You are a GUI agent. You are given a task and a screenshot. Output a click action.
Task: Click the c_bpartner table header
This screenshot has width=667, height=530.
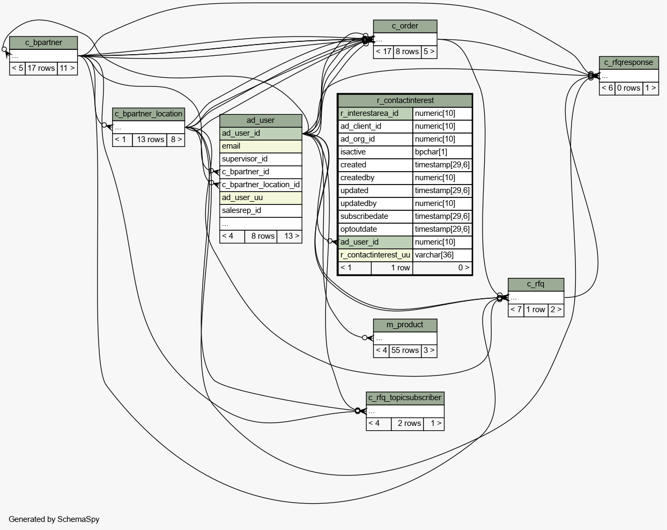[43, 43]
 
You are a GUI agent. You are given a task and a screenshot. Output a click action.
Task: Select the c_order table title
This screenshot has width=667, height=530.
[405, 26]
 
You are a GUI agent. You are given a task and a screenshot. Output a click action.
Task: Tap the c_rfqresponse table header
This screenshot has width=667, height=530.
[628, 63]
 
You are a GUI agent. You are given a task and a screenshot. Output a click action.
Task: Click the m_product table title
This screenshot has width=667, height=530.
[405, 325]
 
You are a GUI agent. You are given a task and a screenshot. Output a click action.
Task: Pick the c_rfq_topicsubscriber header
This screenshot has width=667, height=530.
[405, 398]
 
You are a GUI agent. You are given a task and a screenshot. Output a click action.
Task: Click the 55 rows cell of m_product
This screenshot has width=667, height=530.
[405, 351]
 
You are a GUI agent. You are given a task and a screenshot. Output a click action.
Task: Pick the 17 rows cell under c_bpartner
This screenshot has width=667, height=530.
[41, 69]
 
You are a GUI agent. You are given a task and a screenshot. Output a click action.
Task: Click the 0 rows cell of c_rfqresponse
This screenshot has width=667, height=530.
[628, 89]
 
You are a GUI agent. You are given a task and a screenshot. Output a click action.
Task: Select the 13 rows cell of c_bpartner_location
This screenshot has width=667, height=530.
[150, 140]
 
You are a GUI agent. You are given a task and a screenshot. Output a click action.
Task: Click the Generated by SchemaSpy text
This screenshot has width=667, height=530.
[54, 519]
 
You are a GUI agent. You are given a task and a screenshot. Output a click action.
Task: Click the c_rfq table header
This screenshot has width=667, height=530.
[536, 284]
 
